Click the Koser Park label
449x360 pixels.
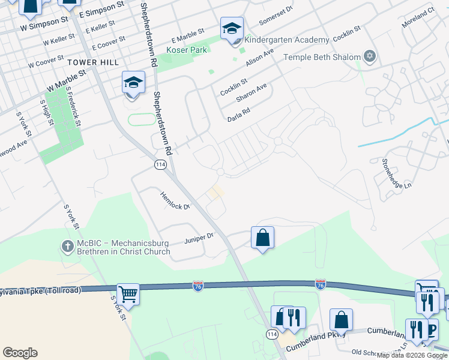pos(187,50)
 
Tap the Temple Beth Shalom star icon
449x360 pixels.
pos(370,57)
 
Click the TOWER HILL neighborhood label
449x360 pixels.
pos(93,62)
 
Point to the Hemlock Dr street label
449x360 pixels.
pos(175,200)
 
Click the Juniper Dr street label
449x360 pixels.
pos(199,238)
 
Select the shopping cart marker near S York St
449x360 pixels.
pos(128,294)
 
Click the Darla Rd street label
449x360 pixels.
pos(238,115)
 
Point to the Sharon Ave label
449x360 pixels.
pos(252,92)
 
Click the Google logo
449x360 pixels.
pos(20,353)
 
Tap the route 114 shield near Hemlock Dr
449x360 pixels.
pos(160,165)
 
